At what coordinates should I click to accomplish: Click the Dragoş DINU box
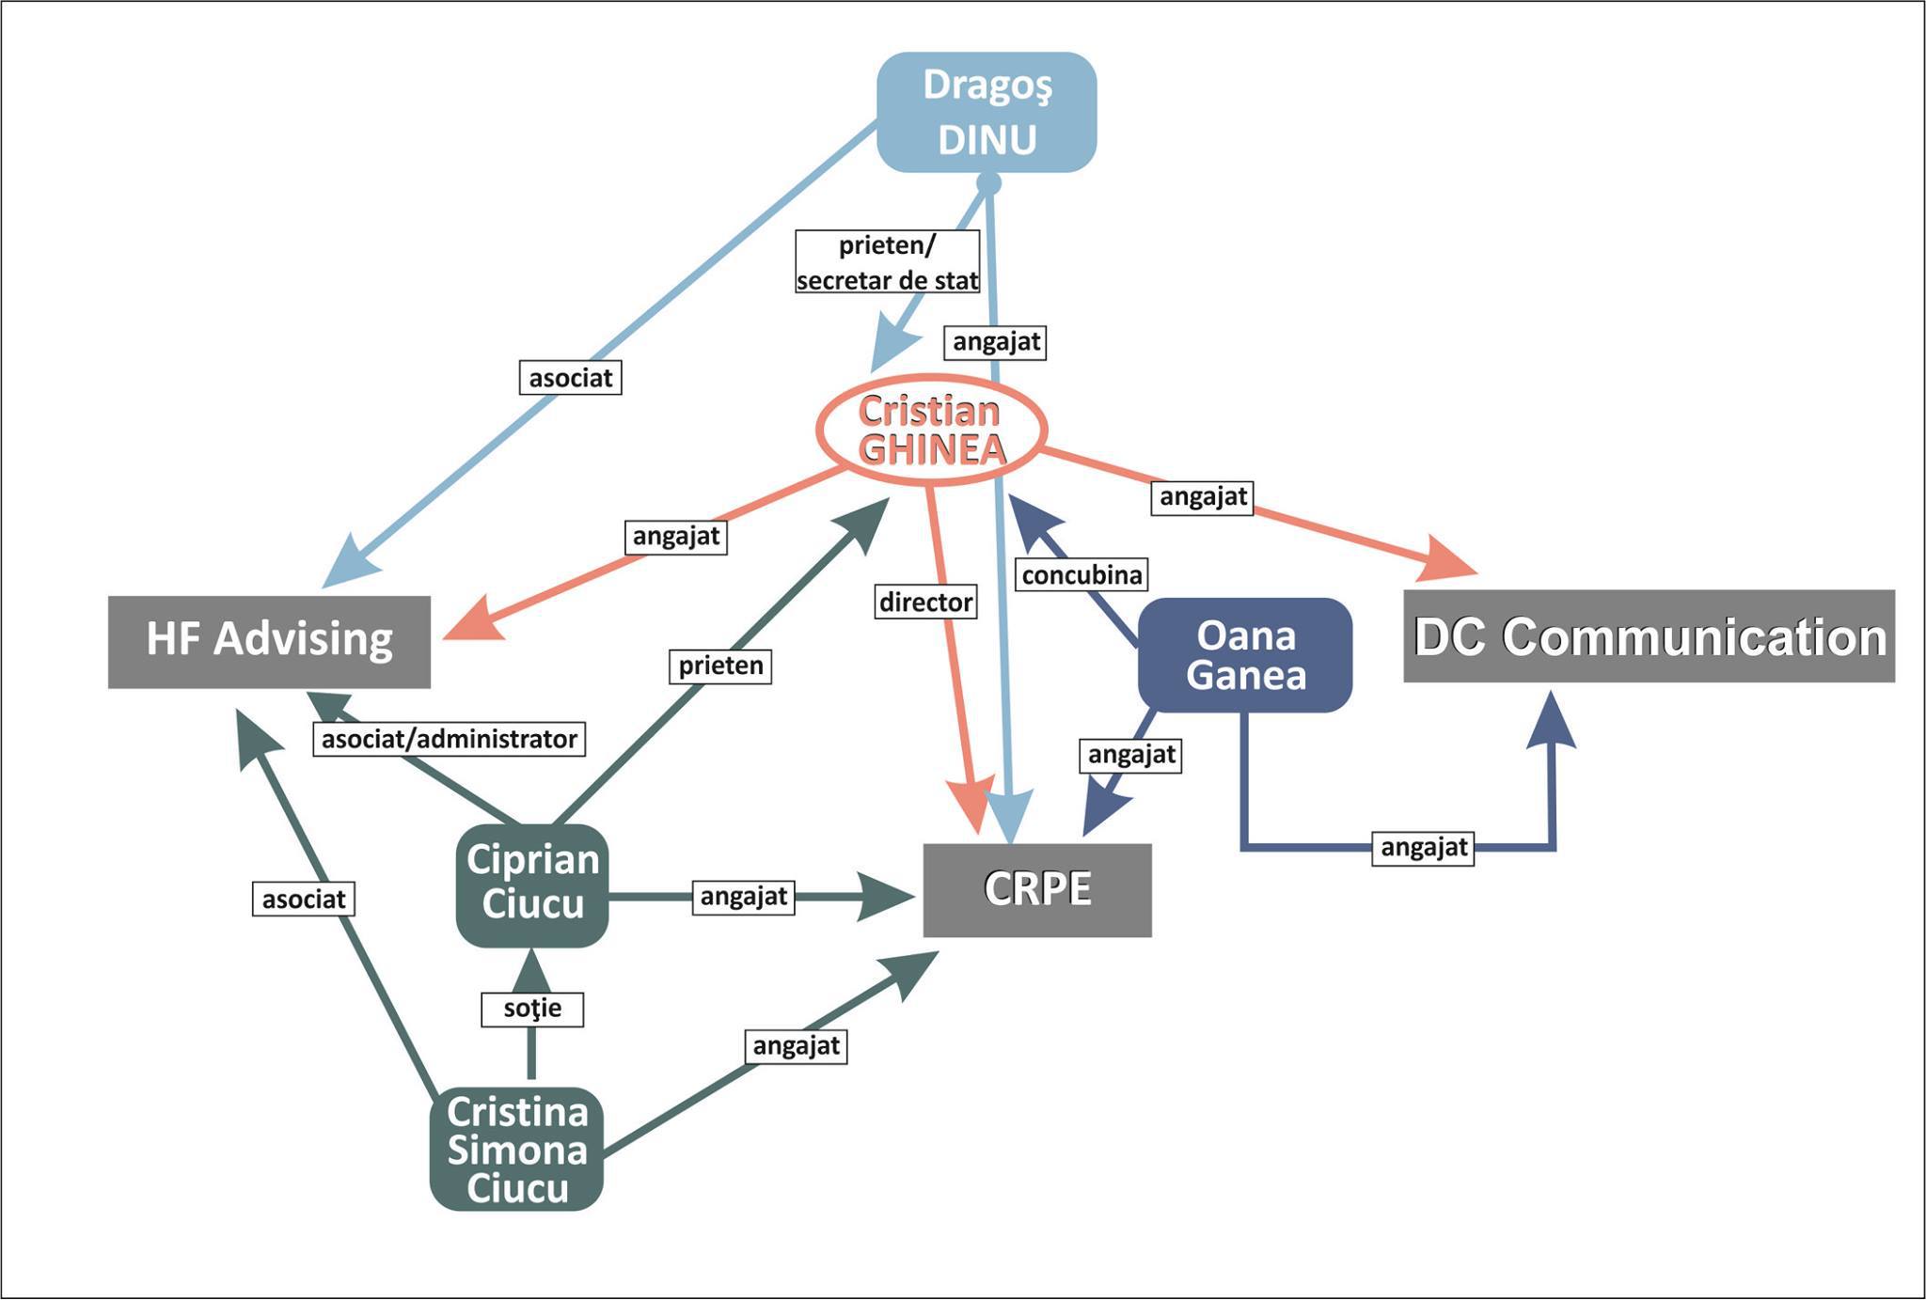(x=987, y=112)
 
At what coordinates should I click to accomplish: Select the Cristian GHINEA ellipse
(x=931, y=431)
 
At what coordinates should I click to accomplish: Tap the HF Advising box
(x=269, y=641)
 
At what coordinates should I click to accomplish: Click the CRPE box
(x=1037, y=889)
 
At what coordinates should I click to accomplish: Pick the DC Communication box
(x=1649, y=636)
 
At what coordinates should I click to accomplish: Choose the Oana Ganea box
(x=1245, y=655)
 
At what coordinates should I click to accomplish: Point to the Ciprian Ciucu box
(x=532, y=884)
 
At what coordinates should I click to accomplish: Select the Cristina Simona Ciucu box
(x=516, y=1149)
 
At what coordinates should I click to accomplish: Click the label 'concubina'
(x=1081, y=574)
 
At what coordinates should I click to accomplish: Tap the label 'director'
(x=926, y=602)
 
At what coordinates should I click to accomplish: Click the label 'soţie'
(x=532, y=1009)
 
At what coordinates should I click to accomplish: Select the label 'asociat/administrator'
(x=450, y=739)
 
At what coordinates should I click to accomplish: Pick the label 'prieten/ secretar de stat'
(x=888, y=262)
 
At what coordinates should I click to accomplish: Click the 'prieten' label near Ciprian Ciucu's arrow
(x=721, y=666)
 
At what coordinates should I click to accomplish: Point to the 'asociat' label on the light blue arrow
(x=571, y=378)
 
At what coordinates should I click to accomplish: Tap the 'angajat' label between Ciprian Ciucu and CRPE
(x=744, y=897)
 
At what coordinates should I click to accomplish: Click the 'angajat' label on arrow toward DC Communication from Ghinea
(x=1203, y=496)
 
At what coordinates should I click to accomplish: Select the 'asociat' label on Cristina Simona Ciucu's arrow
(x=304, y=900)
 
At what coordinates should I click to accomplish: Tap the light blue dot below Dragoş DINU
(x=988, y=183)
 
